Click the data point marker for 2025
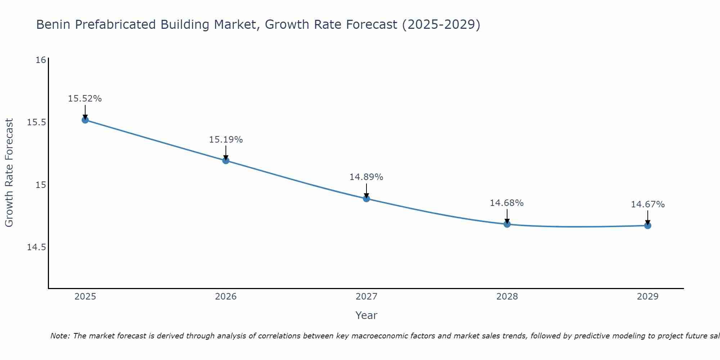(x=85, y=120)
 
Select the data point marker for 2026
(x=226, y=161)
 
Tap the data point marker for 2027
(x=366, y=198)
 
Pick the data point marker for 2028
(x=507, y=224)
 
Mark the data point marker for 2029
(x=648, y=226)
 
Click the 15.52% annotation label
(x=85, y=99)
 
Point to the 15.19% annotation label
(x=226, y=140)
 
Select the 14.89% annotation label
(x=366, y=177)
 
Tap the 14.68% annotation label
(x=507, y=203)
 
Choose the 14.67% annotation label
(x=648, y=204)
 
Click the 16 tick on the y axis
(x=41, y=60)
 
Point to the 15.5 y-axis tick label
(x=37, y=122)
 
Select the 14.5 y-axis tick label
(x=37, y=247)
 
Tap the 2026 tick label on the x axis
(x=226, y=297)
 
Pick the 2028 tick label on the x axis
(x=507, y=297)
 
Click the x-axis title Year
(x=366, y=315)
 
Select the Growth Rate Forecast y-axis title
(x=9, y=173)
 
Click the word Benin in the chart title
(x=53, y=25)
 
